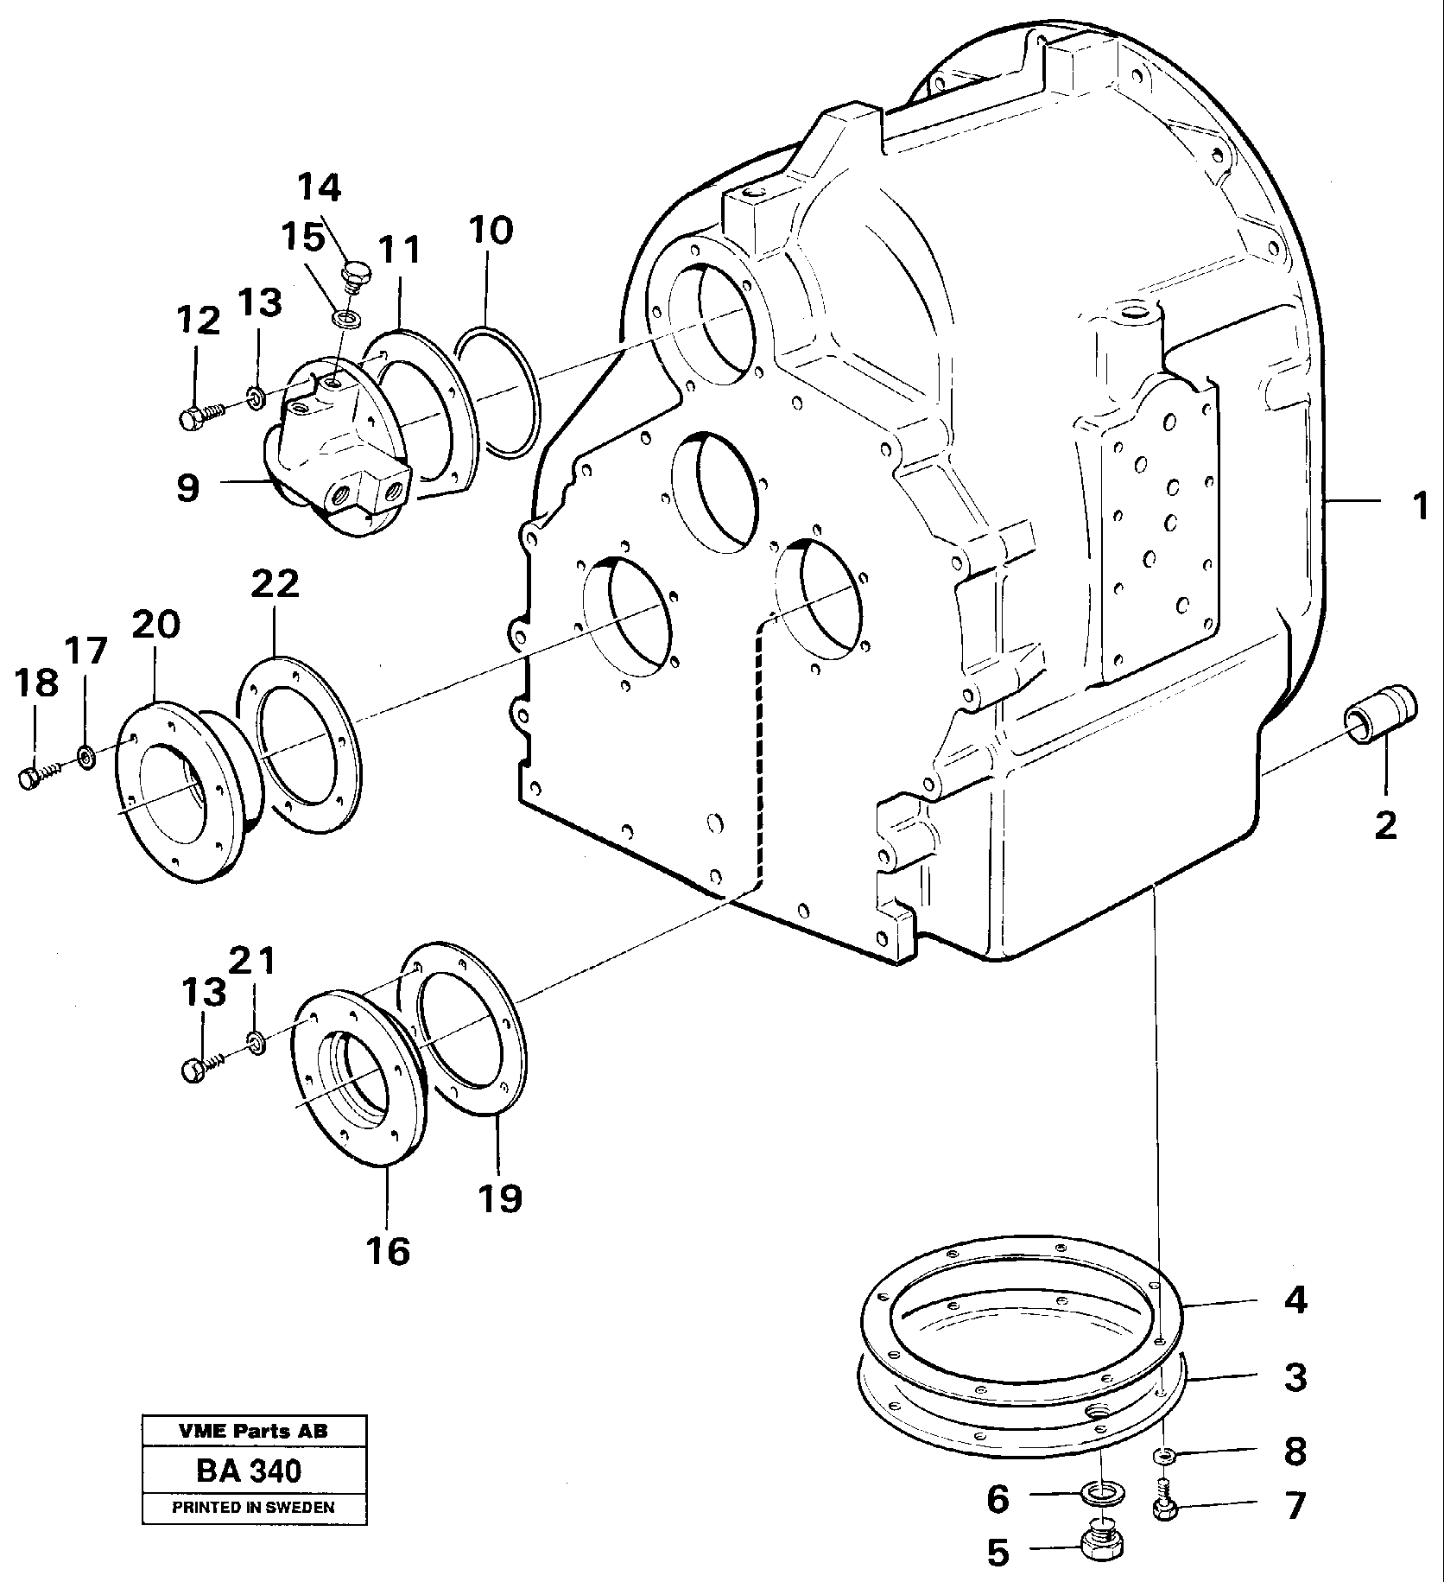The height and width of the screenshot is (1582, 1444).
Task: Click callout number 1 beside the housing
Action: click(1419, 505)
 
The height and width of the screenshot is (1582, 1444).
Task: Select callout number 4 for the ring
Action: click(1295, 1325)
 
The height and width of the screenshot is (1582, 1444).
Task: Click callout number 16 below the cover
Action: click(388, 1250)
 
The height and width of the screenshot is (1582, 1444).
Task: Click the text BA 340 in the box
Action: click(250, 1471)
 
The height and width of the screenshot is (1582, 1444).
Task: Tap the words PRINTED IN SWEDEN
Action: click(253, 1508)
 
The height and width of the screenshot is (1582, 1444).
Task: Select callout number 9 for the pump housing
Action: click(187, 488)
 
